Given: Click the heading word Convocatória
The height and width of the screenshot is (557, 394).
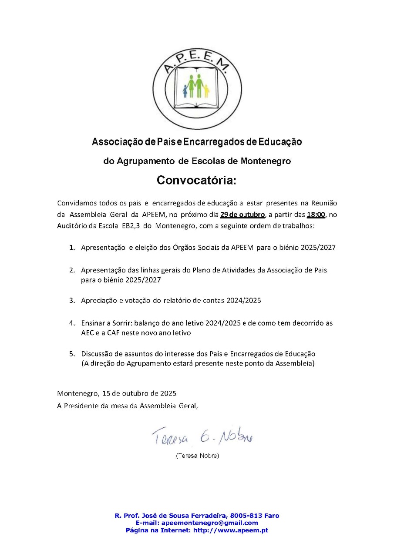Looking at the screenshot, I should [196, 180].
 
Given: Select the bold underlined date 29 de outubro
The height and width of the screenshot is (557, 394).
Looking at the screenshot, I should [242, 215].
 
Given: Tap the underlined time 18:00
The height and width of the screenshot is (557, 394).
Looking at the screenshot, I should [316, 215].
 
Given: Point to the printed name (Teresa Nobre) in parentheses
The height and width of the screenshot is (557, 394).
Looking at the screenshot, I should [197, 456].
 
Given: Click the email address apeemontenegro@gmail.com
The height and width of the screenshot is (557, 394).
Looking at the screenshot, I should [209, 523].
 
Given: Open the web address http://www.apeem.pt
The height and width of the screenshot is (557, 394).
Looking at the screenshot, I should [231, 530].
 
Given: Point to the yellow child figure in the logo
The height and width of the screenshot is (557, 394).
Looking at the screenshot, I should [207, 91].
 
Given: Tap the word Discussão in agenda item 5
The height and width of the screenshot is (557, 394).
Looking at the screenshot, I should [97, 354].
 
